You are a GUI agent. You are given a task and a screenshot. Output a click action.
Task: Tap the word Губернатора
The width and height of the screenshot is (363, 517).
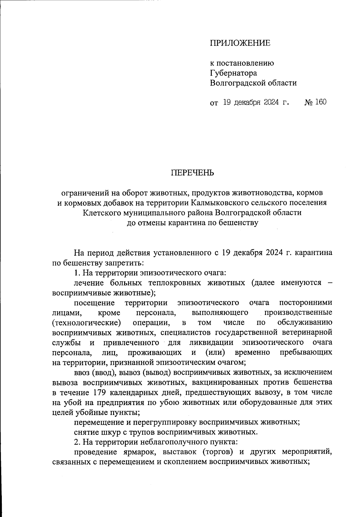click(x=234, y=73)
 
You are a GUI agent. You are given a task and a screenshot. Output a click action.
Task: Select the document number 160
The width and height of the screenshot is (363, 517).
click(x=320, y=102)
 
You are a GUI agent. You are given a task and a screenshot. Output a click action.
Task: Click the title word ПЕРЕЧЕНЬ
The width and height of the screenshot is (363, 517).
click(x=193, y=173)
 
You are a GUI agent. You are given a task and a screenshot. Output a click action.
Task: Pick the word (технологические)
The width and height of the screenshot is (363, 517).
click(x=87, y=322)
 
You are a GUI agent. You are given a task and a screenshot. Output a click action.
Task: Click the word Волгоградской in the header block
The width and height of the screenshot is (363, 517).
click(x=237, y=83)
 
